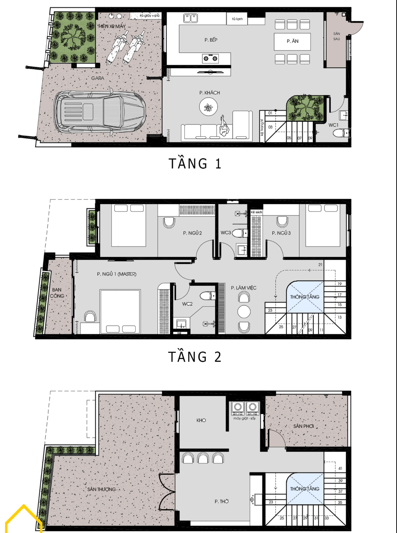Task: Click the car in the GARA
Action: (99, 113)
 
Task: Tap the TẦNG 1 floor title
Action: (195, 164)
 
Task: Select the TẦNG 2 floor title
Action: (195, 357)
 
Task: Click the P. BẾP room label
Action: (211, 40)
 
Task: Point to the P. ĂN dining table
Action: (292, 41)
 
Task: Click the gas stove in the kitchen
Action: (210, 58)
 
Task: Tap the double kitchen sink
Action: (191, 18)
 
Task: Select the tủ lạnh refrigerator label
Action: (238, 19)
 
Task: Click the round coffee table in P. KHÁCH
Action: (208, 108)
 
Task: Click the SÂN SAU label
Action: (336, 36)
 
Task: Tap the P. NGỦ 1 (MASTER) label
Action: (116, 274)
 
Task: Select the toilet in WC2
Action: (207, 296)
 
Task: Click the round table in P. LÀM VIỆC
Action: (244, 312)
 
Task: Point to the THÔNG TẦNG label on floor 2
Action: (305, 297)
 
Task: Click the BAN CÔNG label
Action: (57, 293)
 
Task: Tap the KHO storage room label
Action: (201, 420)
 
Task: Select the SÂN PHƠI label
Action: (303, 426)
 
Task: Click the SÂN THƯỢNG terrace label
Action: (102, 489)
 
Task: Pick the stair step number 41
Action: (340, 469)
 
